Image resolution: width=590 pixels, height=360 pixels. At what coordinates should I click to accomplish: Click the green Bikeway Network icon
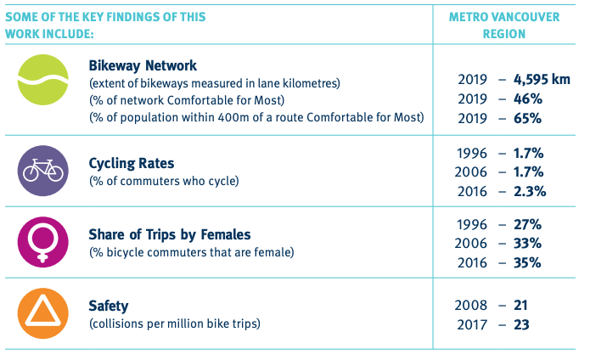click(x=42, y=82)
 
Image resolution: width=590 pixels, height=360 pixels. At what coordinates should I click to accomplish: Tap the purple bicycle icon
click(x=42, y=170)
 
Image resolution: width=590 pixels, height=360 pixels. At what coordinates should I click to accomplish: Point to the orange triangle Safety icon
click(x=42, y=314)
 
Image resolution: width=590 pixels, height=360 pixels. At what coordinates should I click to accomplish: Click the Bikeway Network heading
click(x=143, y=65)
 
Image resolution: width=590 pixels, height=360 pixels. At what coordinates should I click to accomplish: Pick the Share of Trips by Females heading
click(x=170, y=235)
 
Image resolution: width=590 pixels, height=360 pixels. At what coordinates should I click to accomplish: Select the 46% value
click(x=526, y=98)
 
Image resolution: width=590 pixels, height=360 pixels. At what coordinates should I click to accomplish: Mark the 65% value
click(x=526, y=118)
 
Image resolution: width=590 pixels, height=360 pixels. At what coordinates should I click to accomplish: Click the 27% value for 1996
click(x=526, y=225)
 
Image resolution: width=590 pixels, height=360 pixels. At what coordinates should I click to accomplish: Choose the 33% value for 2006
click(x=526, y=244)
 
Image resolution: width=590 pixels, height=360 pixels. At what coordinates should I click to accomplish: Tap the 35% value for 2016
click(x=526, y=262)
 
